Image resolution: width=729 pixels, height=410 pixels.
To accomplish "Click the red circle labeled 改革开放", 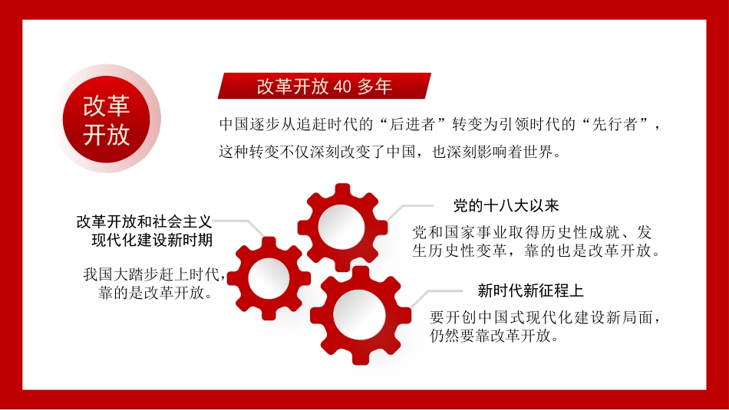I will pos(107,119).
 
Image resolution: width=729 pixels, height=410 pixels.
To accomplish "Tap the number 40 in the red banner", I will pos(342,87).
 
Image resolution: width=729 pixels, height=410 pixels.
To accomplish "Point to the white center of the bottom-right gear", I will pos(361,315).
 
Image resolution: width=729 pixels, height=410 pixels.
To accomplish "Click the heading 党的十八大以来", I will pos(506,205).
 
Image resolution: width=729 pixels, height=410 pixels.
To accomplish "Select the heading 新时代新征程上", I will pos(531,291).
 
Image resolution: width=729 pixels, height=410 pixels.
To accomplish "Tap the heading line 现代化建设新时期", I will pos(152,240).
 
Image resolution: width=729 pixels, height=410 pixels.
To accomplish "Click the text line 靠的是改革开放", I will pos(153,293).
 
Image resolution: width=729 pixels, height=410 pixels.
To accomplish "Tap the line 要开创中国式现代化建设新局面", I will pos(546,317).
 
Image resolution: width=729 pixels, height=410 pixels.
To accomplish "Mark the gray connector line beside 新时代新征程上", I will pos(434,294).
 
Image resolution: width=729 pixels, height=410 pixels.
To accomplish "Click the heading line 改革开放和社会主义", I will pos(143,221).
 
